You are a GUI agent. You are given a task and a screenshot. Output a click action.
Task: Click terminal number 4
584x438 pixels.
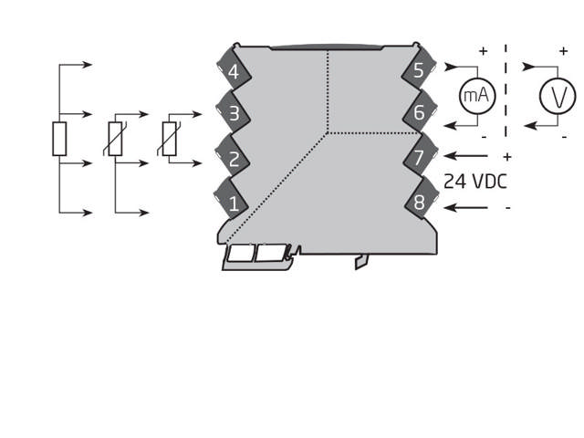234,72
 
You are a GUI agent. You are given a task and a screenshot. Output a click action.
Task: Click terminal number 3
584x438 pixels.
234,114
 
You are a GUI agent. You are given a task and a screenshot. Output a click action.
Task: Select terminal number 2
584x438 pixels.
234,158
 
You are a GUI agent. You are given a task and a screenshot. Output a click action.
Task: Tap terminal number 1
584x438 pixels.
234,203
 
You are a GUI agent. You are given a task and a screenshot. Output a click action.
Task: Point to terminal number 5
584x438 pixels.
419,70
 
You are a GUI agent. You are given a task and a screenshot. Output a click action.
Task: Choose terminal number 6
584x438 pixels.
419,113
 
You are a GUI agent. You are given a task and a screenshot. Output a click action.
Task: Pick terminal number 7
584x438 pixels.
419,157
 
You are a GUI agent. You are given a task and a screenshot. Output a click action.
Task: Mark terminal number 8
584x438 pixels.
419,203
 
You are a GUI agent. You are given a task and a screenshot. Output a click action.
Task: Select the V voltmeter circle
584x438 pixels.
557,96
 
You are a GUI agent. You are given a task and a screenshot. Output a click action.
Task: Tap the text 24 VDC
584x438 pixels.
474,182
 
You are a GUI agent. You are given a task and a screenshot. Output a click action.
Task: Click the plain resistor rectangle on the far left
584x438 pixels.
59,140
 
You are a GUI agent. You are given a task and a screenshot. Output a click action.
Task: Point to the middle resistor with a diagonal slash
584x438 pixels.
115,139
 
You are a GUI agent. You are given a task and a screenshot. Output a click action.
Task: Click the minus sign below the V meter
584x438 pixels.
565,138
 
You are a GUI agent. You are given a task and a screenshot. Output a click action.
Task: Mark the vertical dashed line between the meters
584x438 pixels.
506,91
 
